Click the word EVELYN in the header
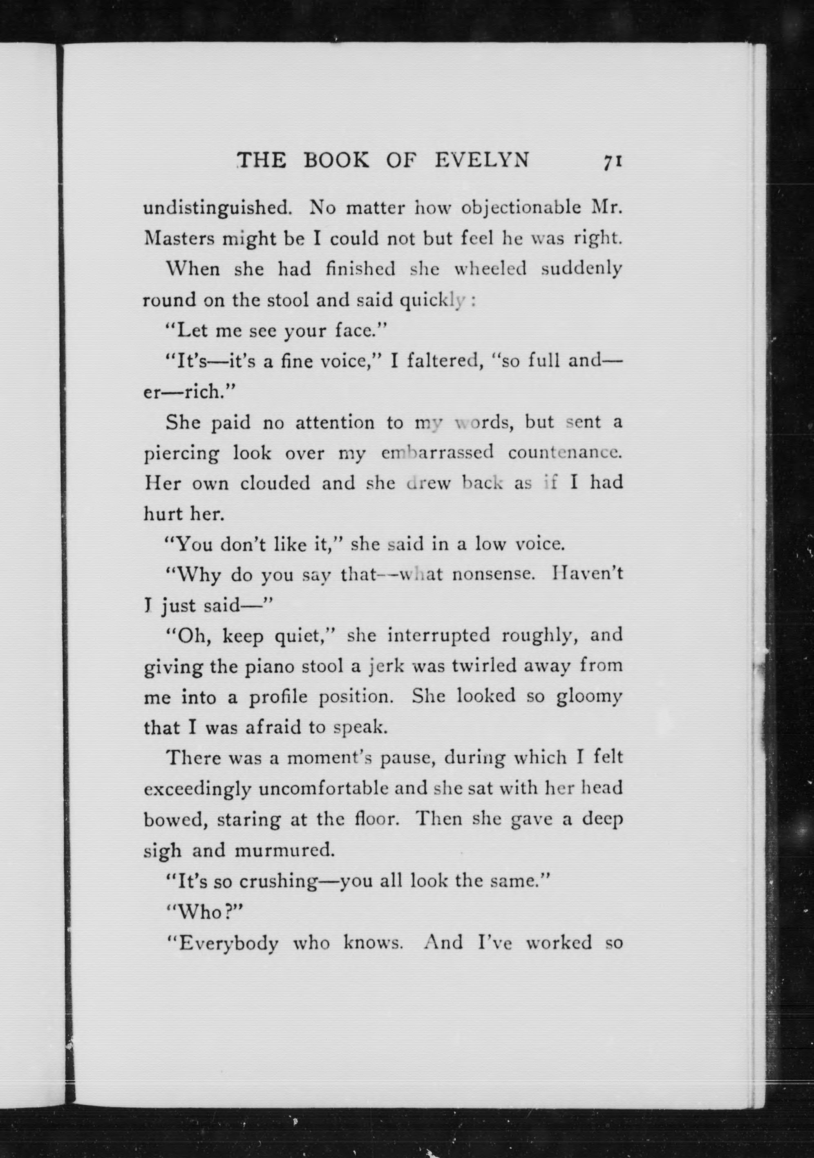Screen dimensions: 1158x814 click(x=482, y=161)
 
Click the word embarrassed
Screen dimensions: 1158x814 click(x=437, y=453)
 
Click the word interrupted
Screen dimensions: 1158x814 click(x=438, y=636)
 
